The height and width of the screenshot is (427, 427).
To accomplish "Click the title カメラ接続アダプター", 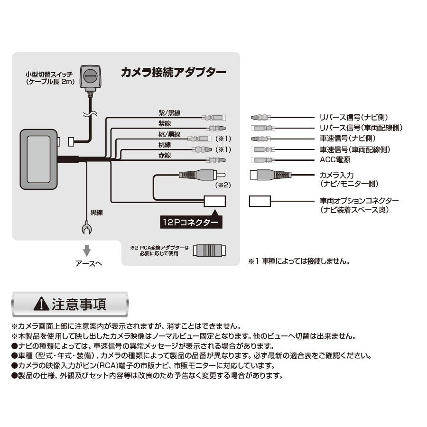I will [x=173, y=72].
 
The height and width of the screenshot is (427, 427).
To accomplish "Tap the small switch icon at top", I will [x=90, y=75].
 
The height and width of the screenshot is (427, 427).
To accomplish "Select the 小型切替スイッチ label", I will [x=49, y=75].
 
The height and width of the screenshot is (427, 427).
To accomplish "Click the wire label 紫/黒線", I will [x=169, y=113].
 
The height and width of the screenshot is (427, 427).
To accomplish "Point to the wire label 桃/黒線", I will [x=169, y=135].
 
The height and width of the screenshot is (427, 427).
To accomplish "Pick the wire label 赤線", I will [x=164, y=156].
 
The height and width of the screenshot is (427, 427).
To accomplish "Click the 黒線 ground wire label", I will [x=96, y=213].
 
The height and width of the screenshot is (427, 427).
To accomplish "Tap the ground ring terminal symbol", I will [x=87, y=229].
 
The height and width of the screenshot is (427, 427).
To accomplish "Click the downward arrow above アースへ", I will [x=87, y=250].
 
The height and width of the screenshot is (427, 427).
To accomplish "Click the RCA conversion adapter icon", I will [x=211, y=250].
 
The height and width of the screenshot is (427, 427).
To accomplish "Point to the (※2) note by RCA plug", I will [x=222, y=186].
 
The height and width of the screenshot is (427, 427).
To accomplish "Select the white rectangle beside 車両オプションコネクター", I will [x=260, y=201].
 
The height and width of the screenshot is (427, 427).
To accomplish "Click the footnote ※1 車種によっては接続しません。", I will [x=298, y=261].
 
